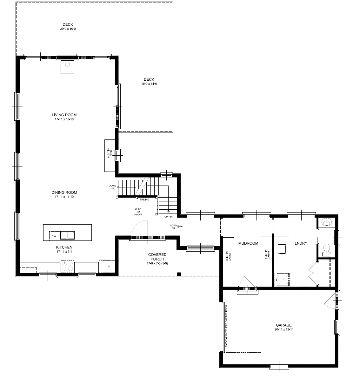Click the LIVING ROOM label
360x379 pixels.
[x=64, y=115]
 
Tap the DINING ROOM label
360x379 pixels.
[x=64, y=193]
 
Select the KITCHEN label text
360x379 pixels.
[x=64, y=247]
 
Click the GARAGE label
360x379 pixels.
[x=283, y=325]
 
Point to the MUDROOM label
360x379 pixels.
[x=248, y=243]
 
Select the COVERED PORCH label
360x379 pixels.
[x=157, y=257]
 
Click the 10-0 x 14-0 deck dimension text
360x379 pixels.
[x=149, y=84]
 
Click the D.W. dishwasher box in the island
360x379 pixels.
[x=54, y=236]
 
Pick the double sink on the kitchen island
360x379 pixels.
[x=67, y=235]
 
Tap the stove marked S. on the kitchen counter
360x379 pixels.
[x=67, y=266]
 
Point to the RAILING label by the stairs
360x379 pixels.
[x=145, y=200]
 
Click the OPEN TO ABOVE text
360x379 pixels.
[x=138, y=212]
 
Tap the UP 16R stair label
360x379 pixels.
[x=168, y=216]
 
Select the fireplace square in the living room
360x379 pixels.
[x=67, y=67]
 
